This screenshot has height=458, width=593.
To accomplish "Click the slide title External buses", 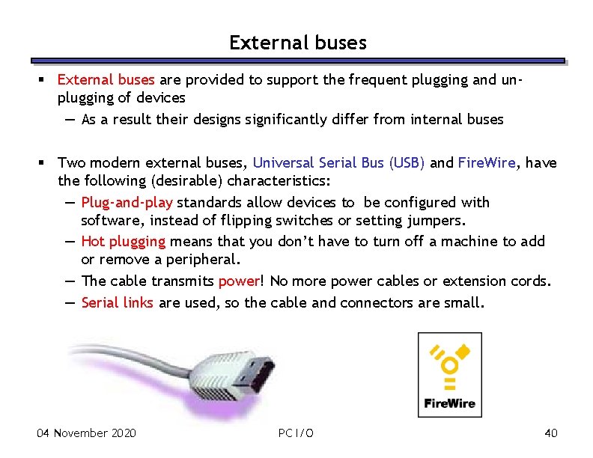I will click(x=297, y=43).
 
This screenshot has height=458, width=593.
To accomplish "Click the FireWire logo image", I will click(x=449, y=374).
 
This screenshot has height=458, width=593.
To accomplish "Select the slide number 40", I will click(x=551, y=433).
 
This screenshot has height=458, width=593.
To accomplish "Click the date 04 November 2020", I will click(x=86, y=433).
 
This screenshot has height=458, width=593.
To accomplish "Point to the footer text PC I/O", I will click(x=296, y=433).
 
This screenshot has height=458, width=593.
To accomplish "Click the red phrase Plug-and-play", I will click(x=127, y=202).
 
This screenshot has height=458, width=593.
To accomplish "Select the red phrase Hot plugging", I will click(x=123, y=241).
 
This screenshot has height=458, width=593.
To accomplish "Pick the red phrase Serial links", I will click(x=118, y=302).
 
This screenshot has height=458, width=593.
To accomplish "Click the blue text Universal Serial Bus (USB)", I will click(x=338, y=162).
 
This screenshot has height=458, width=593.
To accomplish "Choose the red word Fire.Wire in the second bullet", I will click(x=487, y=162).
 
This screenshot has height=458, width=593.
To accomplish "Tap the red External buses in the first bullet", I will click(x=106, y=79).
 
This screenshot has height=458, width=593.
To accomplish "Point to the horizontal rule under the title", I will click(x=297, y=61).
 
